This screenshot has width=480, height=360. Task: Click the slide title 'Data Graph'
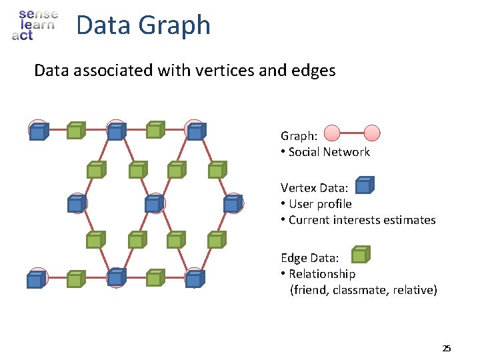(x=143, y=25)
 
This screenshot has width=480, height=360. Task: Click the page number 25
(x=446, y=348)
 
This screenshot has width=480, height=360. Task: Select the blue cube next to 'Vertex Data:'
(x=364, y=185)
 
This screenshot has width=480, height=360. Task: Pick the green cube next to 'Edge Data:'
(x=361, y=255)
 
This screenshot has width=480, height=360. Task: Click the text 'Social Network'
(x=329, y=152)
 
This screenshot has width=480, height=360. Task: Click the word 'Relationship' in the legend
(x=322, y=274)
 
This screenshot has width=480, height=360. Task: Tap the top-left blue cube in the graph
(x=39, y=131)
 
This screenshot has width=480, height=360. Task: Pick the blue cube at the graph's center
(x=154, y=204)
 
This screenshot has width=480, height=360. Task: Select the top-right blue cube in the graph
(x=195, y=131)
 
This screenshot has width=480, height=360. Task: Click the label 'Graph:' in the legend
(x=299, y=136)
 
